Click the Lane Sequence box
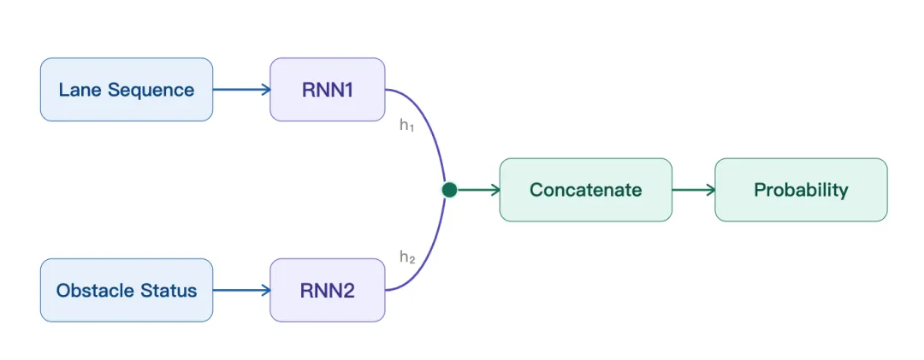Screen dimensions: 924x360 coord(126,90)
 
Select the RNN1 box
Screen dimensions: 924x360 coord(328,90)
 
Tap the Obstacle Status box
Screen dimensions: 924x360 coord(126,290)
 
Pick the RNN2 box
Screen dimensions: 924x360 coord(328,290)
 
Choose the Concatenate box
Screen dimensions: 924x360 coord(586,190)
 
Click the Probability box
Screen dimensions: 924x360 coord(801,190)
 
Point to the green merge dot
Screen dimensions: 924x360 coord(450,190)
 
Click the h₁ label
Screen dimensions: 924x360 coord(407,126)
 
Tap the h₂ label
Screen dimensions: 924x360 coord(407,257)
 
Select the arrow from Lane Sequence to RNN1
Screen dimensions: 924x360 coord(241,90)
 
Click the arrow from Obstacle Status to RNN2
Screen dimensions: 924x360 coord(241,290)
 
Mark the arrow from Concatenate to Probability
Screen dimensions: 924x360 coord(694,190)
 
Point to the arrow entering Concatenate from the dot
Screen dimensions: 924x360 coord(479,190)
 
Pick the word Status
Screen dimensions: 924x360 coord(168,291)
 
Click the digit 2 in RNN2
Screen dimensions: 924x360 coord(347,291)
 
